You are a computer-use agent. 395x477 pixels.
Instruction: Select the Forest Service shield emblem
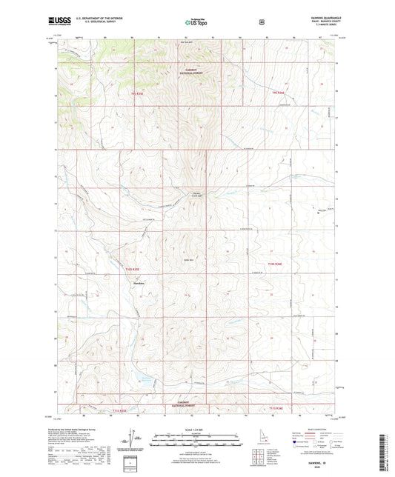click(x=261, y=22)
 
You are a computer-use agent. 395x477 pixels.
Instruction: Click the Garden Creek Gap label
click(x=198, y=195)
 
